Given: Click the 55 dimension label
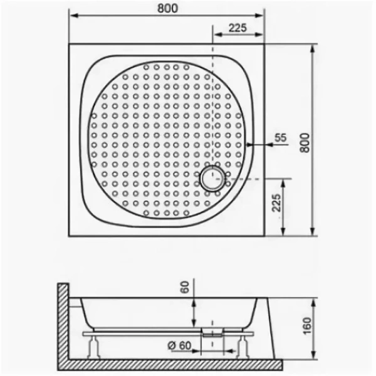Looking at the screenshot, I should pos(280,137).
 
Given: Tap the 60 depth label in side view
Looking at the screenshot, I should pos(184,289).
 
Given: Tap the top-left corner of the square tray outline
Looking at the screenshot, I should pos(68,43).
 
